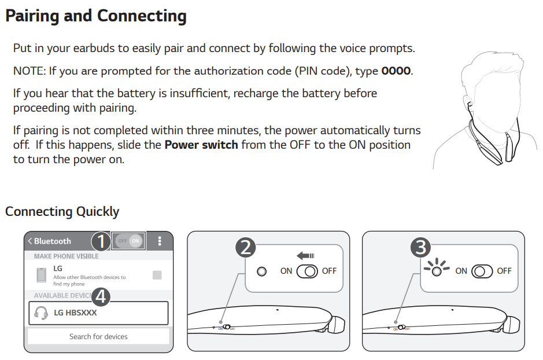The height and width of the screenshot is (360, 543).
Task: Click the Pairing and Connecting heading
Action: coord(95,16)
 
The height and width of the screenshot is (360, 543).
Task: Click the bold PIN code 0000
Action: coord(396,71)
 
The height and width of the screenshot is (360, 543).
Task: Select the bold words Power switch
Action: coord(201,144)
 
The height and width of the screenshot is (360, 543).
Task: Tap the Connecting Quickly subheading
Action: coord(62,211)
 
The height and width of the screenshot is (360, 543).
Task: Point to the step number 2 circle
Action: coord(246,248)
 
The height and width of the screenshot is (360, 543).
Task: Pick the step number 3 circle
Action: coord(420,248)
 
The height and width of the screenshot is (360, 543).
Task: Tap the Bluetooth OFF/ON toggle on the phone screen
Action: coord(128,241)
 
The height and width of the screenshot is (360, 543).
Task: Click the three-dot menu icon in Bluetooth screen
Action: coord(160,241)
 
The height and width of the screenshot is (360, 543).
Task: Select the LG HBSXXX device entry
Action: coord(98,313)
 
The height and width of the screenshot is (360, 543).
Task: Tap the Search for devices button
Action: coord(98,336)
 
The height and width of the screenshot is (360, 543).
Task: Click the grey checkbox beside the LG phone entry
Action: coord(157,275)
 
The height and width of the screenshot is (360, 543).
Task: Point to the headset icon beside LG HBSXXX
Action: coord(41,313)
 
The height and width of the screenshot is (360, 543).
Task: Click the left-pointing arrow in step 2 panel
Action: coord(305,255)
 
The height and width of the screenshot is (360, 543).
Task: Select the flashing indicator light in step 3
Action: coord(437,270)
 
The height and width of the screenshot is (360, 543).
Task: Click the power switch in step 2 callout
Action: coord(307,271)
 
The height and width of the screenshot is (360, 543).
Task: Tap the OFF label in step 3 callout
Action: coord(504,271)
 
